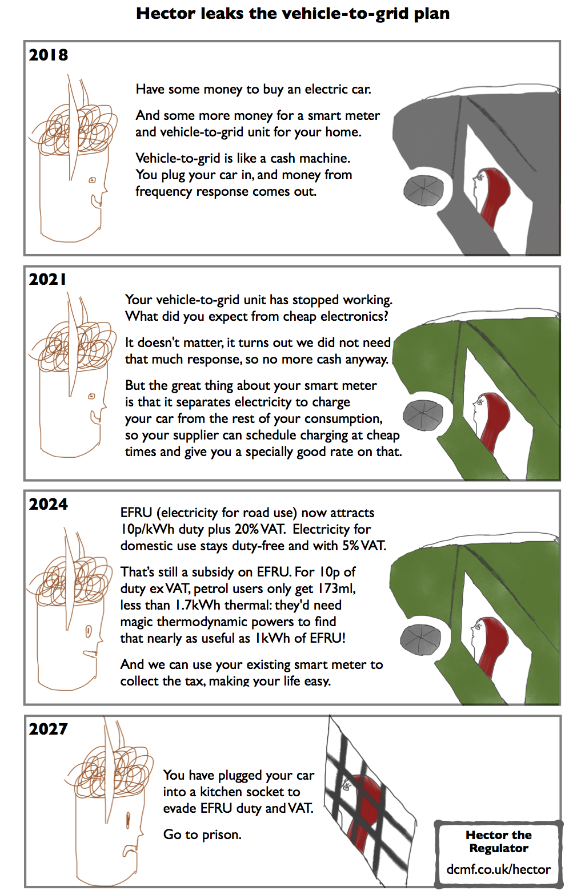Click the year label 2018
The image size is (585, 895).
tap(49, 55)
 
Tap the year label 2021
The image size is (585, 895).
tap(47, 279)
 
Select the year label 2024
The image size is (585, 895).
tap(49, 504)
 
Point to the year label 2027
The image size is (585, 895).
tap(49, 729)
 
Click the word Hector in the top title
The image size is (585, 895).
tap(166, 14)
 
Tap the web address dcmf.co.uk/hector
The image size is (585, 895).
tap(499, 869)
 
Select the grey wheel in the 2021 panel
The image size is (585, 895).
tap(423, 415)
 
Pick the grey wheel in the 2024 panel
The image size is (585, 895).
tap(420, 640)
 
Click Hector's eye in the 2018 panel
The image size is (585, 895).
tap(92, 180)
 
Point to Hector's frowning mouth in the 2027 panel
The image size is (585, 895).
tap(130, 849)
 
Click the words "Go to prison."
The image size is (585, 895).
tap(202, 834)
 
